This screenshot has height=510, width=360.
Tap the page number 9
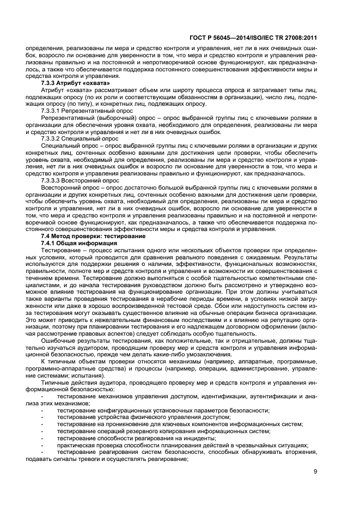point(315,472)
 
